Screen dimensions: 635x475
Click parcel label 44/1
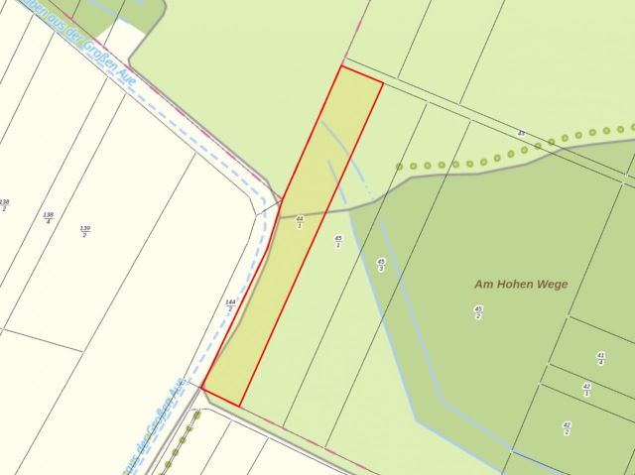[x=300, y=222]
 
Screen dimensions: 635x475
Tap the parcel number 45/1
[x=338, y=241]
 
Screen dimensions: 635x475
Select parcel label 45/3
[x=381, y=265]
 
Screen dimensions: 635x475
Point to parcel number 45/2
[x=478, y=312]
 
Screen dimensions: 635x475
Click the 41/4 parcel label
[x=600, y=359]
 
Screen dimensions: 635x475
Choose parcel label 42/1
[x=586, y=390]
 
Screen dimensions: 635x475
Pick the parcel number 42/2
[x=567, y=428]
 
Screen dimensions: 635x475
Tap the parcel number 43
[x=520, y=133]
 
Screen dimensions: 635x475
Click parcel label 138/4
[x=48, y=217]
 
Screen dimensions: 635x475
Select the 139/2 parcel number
[x=84, y=231]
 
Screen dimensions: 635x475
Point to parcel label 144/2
[x=230, y=305]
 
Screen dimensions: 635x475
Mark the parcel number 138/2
[x=4, y=205]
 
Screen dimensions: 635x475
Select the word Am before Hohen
[x=484, y=285]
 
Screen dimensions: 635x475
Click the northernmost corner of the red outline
[x=340, y=66]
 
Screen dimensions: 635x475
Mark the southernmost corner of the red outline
[x=241, y=406]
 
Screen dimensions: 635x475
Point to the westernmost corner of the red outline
[x=202, y=388]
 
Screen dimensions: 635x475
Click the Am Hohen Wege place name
[x=521, y=285]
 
